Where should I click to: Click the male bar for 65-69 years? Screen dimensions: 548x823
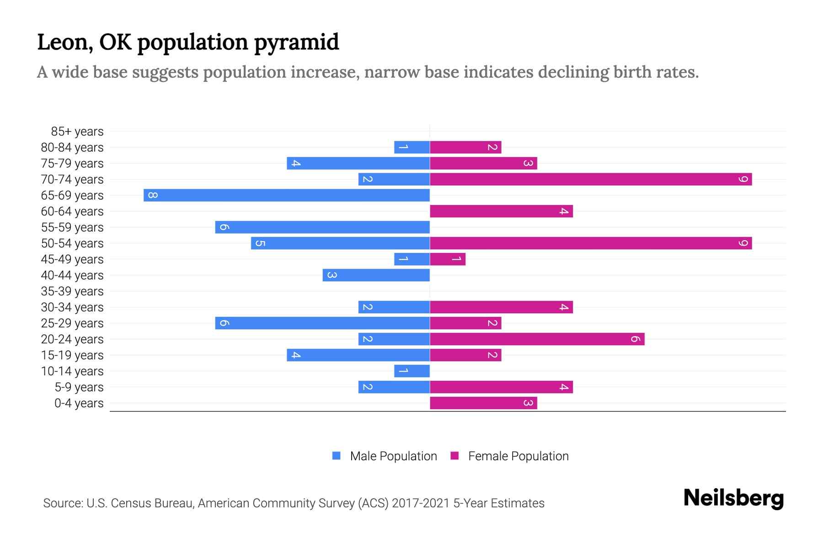(287, 195)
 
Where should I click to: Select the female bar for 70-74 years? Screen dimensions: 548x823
(591, 179)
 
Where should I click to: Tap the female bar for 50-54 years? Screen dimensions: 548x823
(591, 243)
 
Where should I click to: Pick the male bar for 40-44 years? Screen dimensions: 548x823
(376, 275)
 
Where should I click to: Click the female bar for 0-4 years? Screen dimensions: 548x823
(483, 403)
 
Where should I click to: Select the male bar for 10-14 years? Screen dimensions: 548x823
(412, 371)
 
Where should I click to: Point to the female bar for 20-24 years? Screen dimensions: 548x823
(537, 339)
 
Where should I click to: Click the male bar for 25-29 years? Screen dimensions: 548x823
(322, 323)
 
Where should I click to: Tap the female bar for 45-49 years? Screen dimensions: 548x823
(448, 259)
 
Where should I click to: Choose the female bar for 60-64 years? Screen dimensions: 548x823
(501, 211)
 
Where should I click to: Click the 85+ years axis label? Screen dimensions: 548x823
(77, 132)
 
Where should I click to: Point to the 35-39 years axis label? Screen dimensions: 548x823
(72, 291)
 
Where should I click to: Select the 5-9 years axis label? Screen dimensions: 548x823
(79, 387)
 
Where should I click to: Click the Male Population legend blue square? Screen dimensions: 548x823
(337, 456)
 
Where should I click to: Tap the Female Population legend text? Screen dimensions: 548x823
(518, 456)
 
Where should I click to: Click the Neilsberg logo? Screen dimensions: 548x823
(733, 498)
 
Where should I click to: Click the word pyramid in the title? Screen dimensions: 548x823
(296, 42)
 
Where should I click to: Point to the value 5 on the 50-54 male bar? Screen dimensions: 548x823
(260, 243)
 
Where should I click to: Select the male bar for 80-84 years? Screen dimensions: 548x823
(412, 148)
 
